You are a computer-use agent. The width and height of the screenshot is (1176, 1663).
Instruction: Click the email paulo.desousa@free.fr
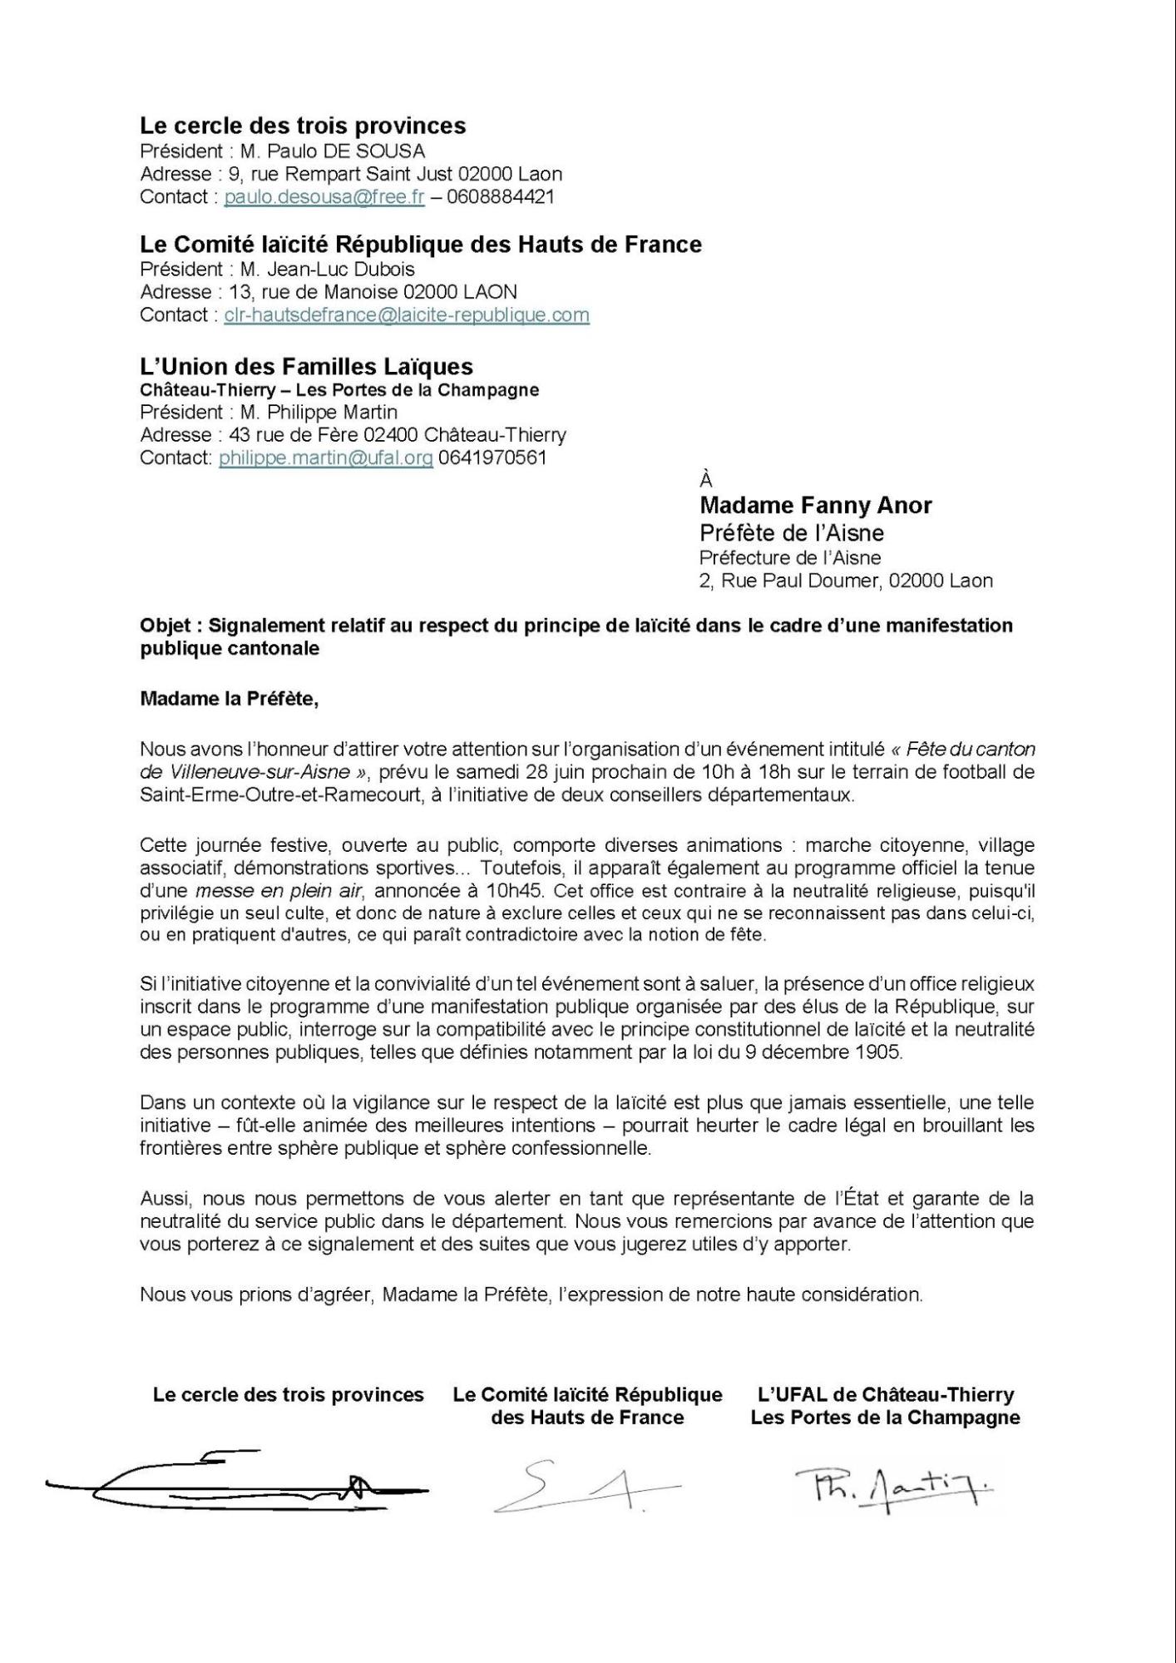point(324,197)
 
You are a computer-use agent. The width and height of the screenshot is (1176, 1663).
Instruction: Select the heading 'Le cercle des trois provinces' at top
point(303,126)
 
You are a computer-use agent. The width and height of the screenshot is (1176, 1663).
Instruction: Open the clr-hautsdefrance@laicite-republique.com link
point(407,315)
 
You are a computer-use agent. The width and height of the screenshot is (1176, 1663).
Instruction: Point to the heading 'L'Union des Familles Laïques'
point(306,367)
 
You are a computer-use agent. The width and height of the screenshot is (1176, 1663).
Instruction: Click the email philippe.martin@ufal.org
point(326,458)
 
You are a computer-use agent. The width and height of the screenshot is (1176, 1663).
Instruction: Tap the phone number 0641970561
point(492,458)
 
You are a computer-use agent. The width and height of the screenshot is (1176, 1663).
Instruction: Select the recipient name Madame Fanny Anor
point(815,506)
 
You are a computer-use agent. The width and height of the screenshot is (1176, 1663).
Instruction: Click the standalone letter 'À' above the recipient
point(706,481)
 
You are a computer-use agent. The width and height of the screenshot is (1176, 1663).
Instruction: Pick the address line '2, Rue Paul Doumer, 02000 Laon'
point(845,581)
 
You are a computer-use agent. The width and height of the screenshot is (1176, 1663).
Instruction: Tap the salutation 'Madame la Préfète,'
point(230,699)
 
